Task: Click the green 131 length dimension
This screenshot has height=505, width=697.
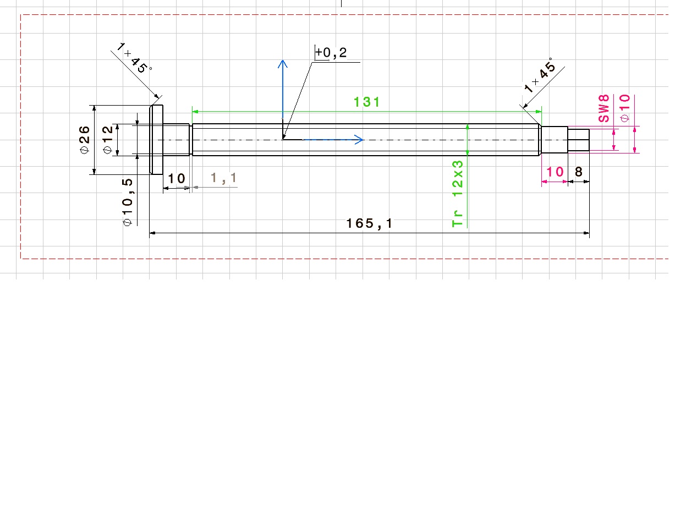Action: click(x=366, y=102)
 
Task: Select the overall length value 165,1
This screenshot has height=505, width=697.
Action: click(x=369, y=223)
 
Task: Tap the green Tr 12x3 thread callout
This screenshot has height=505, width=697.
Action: click(x=457, y=194)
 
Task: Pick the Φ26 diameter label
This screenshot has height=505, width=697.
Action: click(x=84, y=140)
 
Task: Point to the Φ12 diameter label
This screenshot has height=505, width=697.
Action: click(x=107, y=140)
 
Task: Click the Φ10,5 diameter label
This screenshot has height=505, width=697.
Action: click(x=127, y=202)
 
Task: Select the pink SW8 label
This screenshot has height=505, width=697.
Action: click(x=603, y=108)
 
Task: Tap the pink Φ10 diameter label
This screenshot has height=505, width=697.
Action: click(x=624, y=108)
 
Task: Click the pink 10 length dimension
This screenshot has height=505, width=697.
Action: click(x=555, y=172)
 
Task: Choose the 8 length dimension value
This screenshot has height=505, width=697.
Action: click(x=578, y=172)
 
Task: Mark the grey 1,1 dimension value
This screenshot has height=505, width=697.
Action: click(x=223, y=178)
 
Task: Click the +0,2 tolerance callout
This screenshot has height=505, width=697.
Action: click(x=331, y=52)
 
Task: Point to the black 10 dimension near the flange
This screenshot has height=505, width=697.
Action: click(x=177, y=179)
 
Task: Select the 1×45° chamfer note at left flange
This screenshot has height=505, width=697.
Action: click(x=134, y=58)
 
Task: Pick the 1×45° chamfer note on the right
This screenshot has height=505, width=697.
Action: click(x=540, y=75)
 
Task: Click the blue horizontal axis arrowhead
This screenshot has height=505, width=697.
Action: click(x=359, y=140)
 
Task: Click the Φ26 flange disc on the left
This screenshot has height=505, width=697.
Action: click(x=156, y=140)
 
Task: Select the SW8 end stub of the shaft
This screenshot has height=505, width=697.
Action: click(x=578, y=140)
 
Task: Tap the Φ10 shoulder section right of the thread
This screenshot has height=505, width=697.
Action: click(x=555, y=140)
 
